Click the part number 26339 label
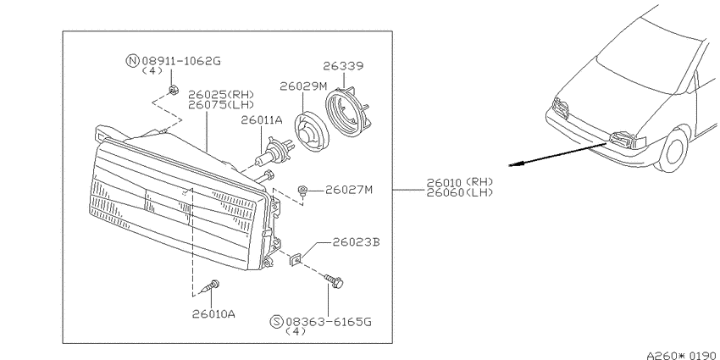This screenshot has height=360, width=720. point(342,66)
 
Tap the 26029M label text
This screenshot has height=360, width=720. point(304,86)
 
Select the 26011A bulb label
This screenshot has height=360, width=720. point(262,120)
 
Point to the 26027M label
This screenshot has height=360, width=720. point(349,190)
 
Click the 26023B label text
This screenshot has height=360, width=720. point(357,242)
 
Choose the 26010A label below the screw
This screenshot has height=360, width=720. point(214,314)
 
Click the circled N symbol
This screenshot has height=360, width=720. point(132,61)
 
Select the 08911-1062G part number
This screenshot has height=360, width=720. point(181,61)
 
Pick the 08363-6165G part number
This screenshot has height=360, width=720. point(329,322)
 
